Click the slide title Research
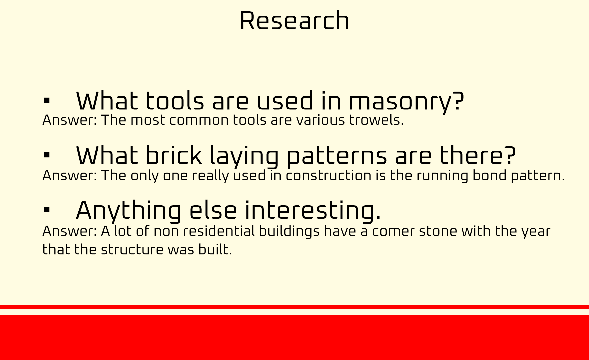tap(294, 21)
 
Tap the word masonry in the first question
tap(406, 102)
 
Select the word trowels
tap(376, 120)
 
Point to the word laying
tap(244, 157)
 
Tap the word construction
tap(328, 176)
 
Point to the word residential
tap(219, 231)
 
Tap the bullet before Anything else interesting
tap(47, 210)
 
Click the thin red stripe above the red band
tap(294, 307)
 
